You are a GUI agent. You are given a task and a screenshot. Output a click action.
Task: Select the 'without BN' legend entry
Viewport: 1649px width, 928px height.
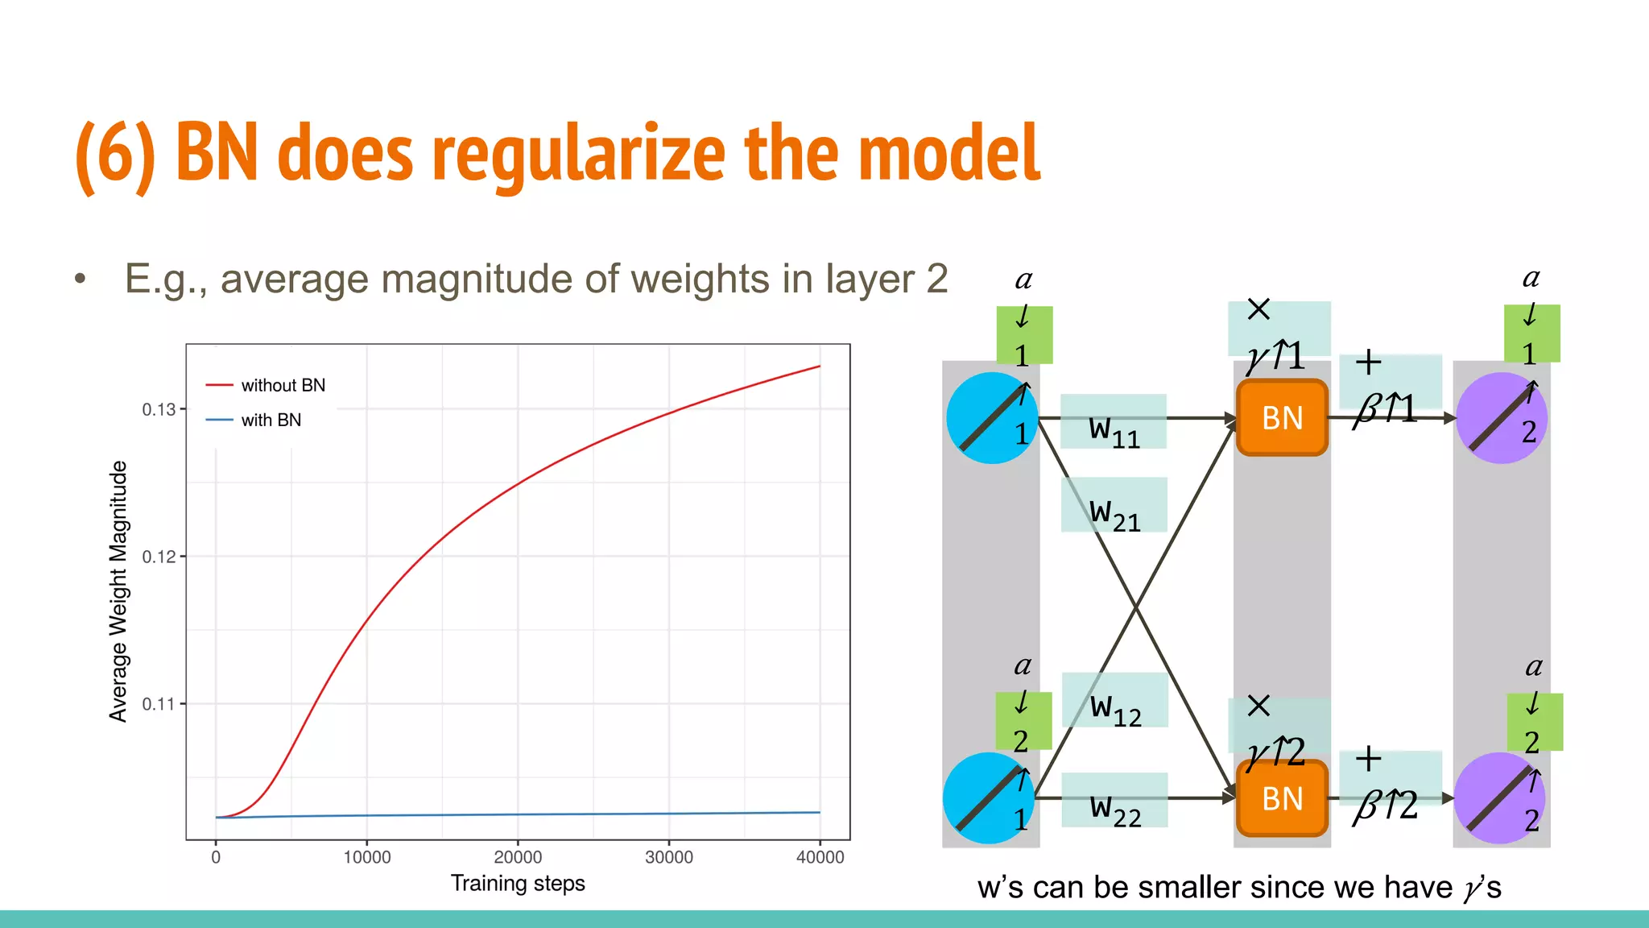283,386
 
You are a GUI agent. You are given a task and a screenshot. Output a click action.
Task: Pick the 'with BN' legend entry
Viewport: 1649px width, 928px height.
271,420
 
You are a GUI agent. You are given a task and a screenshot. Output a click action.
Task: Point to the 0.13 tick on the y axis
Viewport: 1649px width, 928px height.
159,409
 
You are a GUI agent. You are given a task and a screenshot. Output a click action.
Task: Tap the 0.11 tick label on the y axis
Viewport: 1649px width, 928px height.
159,704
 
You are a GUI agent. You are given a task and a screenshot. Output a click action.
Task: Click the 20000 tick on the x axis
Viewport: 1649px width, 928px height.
518,857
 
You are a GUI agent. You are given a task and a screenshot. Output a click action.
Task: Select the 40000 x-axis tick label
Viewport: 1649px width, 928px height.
820,857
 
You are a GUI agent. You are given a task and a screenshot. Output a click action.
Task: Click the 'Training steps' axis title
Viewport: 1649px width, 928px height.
518,884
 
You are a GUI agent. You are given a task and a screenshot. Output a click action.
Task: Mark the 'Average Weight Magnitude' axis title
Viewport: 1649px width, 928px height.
118,591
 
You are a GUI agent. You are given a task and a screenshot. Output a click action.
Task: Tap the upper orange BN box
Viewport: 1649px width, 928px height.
1282,418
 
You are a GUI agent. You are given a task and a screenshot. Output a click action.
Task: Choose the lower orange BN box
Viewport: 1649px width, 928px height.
1282,798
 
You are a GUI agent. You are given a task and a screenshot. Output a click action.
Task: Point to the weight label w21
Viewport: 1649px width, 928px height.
1114,514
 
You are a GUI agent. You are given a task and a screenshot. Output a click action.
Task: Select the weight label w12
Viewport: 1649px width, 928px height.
1115,709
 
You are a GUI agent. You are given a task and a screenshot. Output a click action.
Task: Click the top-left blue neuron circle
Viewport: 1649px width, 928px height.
992,418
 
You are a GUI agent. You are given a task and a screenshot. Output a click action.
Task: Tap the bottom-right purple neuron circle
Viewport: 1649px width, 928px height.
1500,798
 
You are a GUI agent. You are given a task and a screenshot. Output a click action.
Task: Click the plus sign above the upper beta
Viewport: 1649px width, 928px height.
1368,362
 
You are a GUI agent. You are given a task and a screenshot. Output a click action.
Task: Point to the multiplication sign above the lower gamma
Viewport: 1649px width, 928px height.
1258,706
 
